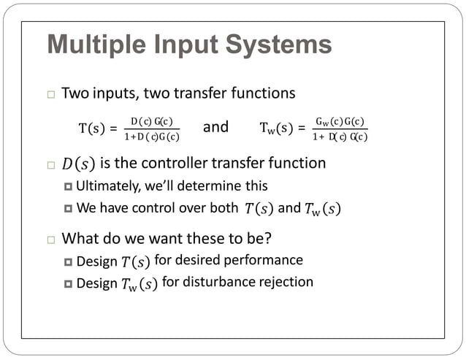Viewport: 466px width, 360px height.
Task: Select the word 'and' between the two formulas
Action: [215, 128]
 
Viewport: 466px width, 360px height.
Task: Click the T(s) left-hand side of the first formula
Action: [91, 129]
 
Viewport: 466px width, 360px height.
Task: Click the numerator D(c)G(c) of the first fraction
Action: [151, 121]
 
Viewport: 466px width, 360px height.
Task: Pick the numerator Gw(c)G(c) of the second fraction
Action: [340, 121]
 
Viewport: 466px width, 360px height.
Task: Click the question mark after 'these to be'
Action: [281, 238]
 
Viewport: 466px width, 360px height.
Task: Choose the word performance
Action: [266, 259]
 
